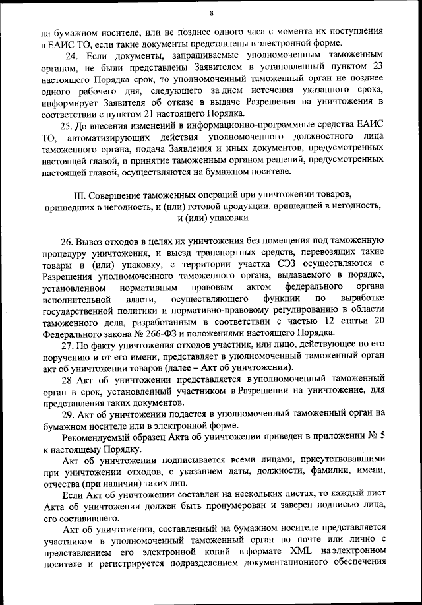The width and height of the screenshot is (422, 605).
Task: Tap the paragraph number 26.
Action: tap(68, 241)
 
